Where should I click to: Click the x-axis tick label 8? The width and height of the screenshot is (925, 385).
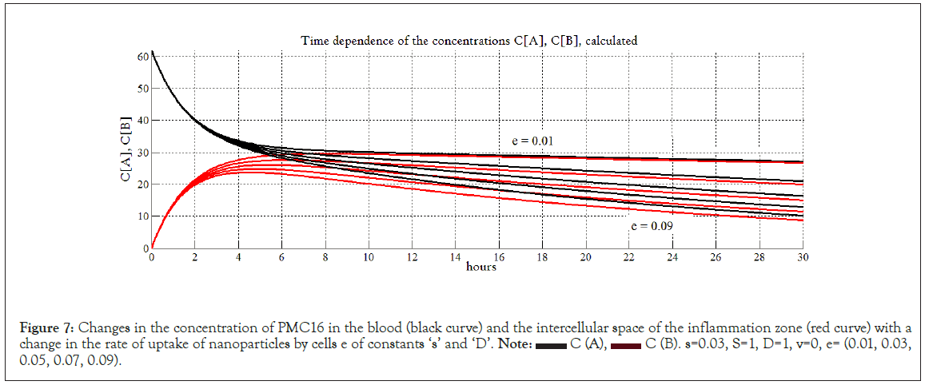[325, 258]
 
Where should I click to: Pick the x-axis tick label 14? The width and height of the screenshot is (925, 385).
[456, 258]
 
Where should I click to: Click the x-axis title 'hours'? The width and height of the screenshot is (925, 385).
[481, 267]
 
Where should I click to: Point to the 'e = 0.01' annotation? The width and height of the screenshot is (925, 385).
[533, 141]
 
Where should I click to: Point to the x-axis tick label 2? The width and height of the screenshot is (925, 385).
[194, 258]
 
